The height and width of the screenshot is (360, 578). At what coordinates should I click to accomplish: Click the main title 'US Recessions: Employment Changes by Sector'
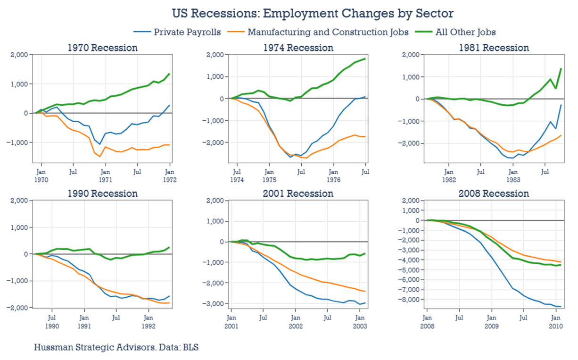click(289, 13)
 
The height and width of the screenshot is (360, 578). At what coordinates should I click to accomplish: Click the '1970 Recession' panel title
click(102, 48)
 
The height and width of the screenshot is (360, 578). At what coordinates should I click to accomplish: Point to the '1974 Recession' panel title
click(298, 48)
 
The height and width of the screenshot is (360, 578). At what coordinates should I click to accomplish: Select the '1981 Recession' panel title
click(494, 48)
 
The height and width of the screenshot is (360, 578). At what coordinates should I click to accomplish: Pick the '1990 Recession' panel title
click(102, 194)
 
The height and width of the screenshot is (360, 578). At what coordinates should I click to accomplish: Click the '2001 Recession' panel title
click(298, 194)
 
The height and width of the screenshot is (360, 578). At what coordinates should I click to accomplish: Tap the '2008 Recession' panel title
click(494, 194)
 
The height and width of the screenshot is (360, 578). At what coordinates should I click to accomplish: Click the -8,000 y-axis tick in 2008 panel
click(408, 300)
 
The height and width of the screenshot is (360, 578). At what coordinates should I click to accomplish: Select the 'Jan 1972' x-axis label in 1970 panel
click(169, 176)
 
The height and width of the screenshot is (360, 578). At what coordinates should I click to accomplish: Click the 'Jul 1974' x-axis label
click(237, 176)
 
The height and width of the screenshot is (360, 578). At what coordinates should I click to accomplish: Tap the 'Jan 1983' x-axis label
click(513, 176)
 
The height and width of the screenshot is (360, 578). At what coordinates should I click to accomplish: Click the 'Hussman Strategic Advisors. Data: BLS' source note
click(116, 348)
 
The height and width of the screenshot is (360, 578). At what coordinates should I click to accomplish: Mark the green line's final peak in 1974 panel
click(365, 59)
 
